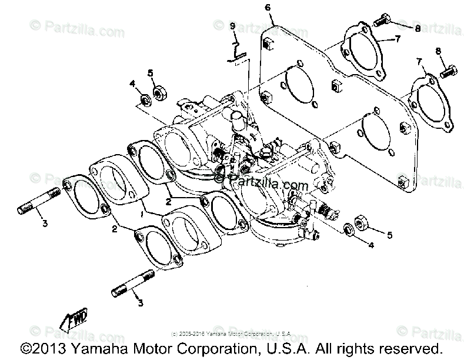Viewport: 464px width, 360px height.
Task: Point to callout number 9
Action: [x=233, y=26]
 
